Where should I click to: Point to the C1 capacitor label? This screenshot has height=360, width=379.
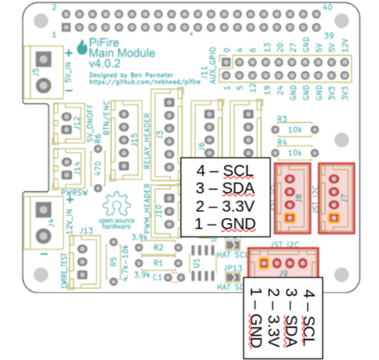point(158,278)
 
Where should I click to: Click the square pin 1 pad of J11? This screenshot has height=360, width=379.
point(226,75)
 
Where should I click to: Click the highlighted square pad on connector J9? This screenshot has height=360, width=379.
point(264,264)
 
